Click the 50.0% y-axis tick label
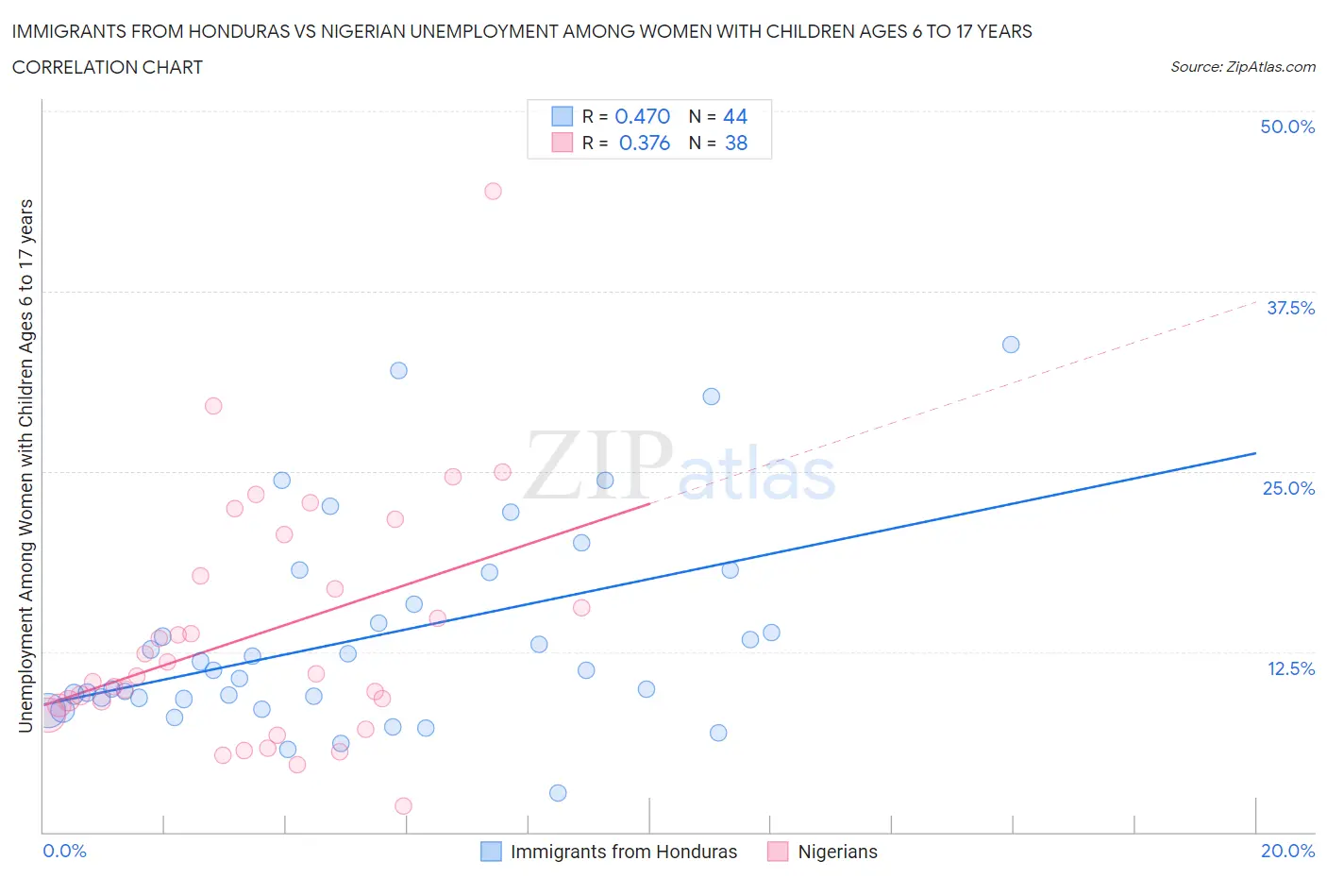(1286, 127)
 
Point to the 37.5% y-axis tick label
(1289, 308)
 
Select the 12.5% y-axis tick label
(1289, 668)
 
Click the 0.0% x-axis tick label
(64, 851)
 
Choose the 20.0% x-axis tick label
(1286, 851)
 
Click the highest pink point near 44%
(493, 191)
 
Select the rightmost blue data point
(1011, 345)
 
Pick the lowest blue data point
(558, 793)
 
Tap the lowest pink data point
(403, 806)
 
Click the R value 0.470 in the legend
(642, 116)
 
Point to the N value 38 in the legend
(735, 143)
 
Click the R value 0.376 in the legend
(644, 143)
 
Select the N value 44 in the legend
(734, 116)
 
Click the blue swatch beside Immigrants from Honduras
(491, 852)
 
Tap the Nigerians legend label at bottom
(837, 852)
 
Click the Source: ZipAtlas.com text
(1242, 67)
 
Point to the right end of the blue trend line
(1255, 453)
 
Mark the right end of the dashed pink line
(1255, 302)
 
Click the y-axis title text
(25, 465)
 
